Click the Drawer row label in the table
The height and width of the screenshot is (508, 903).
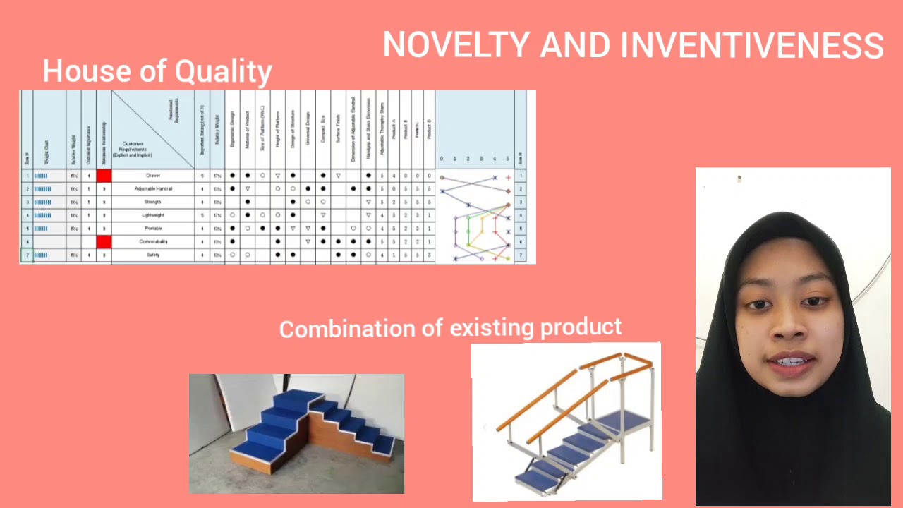[x=153, y=176]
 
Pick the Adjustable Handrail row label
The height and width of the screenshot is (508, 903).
[x=153, y=189]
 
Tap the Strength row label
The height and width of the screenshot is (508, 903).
[x=153, y=202]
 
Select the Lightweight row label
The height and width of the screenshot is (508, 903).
[x=153, y=215]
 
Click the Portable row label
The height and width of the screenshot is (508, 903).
[x=153, y=229]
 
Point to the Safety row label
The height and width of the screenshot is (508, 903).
[x=153, y=255]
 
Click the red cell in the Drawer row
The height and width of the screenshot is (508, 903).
[x=104, y=176]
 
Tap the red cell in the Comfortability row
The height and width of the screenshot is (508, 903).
[x=104, y=242]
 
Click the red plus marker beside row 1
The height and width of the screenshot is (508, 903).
[x=508, y=178]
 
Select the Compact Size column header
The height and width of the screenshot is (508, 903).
[x=323, y=131]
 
